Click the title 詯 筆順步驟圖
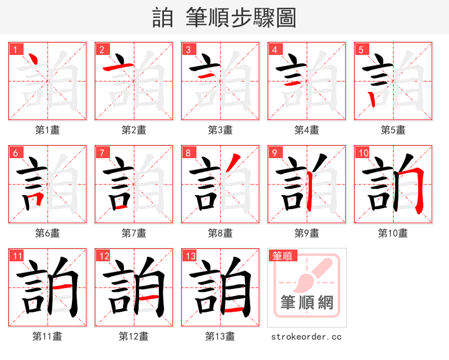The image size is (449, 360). click(x=224, y=17)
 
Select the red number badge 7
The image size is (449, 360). click(x=102, y=153)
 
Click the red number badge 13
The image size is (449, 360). click(x=190, y=256)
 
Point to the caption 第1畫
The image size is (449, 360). click(x=47, y=130)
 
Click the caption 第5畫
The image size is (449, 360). click(x=393, y=130)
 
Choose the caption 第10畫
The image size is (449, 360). click(x=393, y=233)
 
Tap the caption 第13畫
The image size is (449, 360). click(x=220, y=336)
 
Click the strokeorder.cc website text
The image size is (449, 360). click(x=306, y=336)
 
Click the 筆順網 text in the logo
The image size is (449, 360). click(x=306, y=303)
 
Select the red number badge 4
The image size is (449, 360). click(x=274, y=49)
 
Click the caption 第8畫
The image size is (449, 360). click(x=220, y=233)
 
